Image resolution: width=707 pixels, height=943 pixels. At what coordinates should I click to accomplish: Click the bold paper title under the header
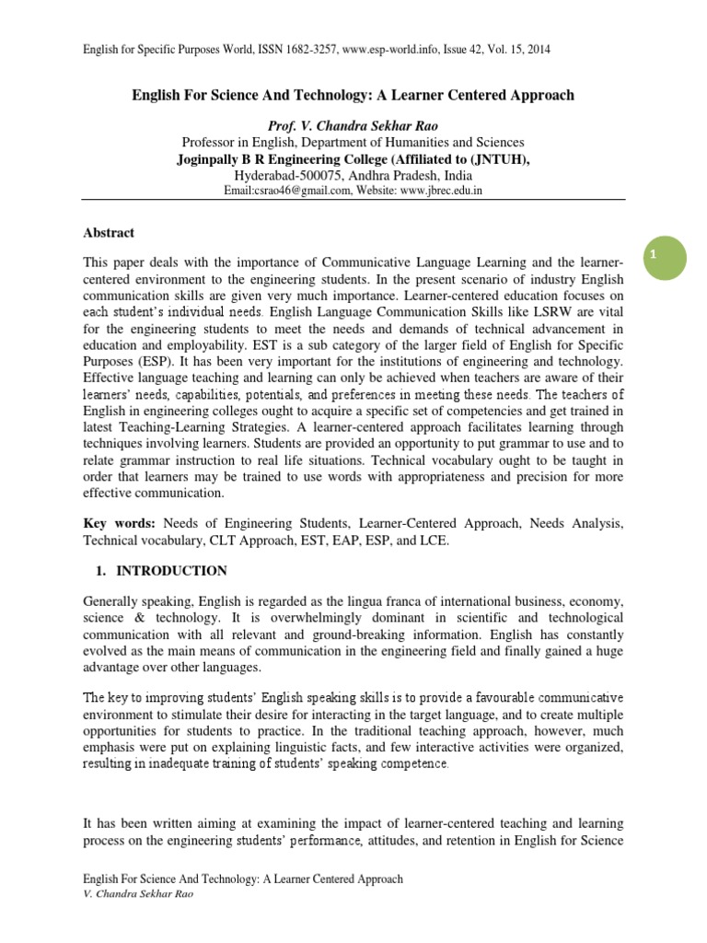click(353, 95)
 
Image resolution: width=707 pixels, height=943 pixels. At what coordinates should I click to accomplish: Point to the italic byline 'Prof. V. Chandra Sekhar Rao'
click(353, 125)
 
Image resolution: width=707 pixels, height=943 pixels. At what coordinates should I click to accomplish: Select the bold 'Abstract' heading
click(109, 233)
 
